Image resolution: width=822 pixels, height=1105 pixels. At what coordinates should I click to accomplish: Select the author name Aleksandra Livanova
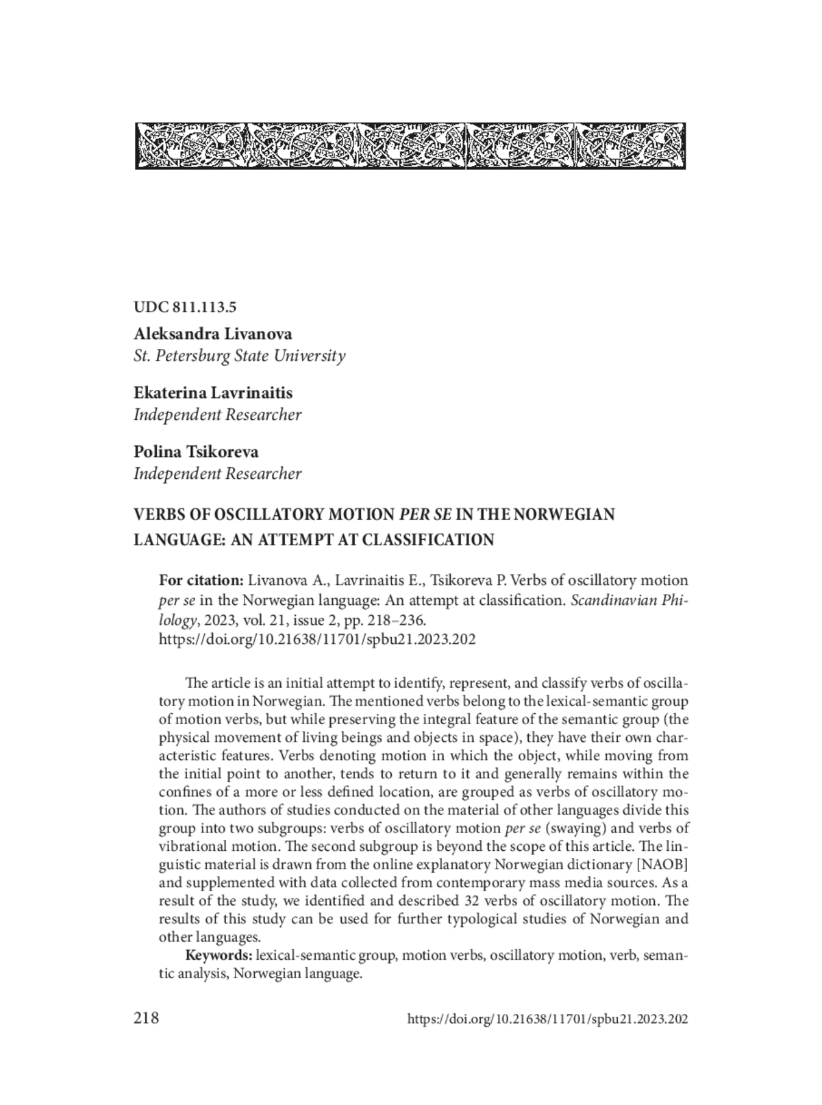point(213,334)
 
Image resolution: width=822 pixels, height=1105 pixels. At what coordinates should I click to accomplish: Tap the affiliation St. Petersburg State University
point(239,356)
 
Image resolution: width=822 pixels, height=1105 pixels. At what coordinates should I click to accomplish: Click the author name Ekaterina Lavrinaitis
point(213,393)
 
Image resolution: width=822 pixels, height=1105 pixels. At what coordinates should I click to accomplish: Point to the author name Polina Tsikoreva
point(196,451)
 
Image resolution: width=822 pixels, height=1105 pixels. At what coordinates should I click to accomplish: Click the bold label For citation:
point(201,580)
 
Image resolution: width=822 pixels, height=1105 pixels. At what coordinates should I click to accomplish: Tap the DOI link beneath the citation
point(317,639)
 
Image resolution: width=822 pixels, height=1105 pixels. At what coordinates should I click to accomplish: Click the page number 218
point(147,1018)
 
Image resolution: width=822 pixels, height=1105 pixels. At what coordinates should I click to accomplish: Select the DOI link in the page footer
point(547,1019)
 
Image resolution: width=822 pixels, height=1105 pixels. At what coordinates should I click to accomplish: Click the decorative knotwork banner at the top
point(410,146)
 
